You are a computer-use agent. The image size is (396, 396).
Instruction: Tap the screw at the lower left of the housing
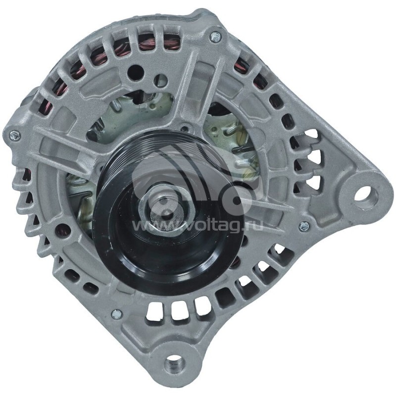[115, 313]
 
